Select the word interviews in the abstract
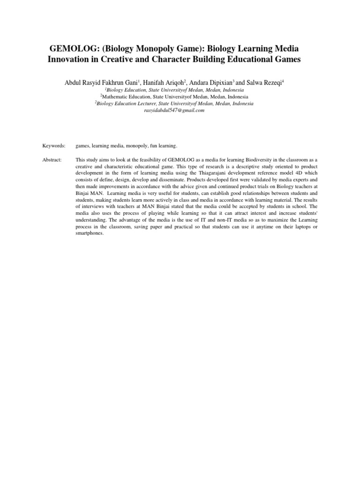[x=95, y=206]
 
